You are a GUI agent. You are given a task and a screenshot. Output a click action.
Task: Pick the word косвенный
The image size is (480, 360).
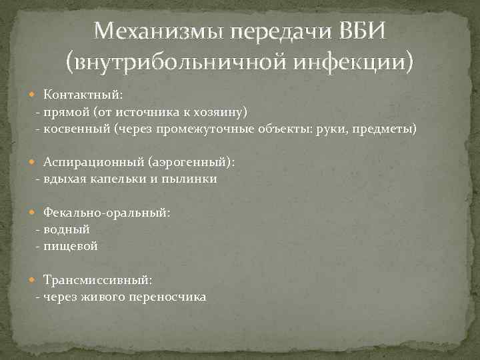click(x=76, y=128)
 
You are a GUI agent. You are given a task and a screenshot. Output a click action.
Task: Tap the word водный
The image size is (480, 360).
click(x=66, y=229)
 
